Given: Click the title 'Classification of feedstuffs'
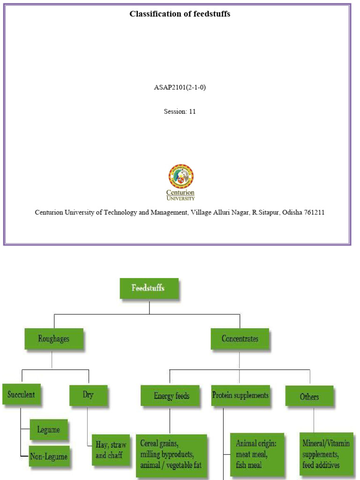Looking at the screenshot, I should [x=180, y=14].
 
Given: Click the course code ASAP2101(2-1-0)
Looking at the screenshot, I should [x=180, y=87].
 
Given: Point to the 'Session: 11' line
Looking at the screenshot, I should [x=180, y=112].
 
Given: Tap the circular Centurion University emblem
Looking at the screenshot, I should [x=181, y=176].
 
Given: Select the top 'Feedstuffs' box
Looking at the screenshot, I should [x=149, y=288].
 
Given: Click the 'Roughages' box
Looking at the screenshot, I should [x=54, y=338].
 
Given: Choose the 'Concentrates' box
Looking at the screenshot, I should [x=240, y=338].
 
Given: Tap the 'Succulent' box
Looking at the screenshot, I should [x=21, y=395].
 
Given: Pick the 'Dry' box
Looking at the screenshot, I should [x=88, y=395].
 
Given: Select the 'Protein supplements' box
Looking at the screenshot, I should [x=240, y=395].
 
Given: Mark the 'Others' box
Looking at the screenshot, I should [x=309, y=397].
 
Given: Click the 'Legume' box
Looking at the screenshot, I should [x=49, y=429].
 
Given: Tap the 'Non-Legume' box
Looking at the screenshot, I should [x=49, y=456].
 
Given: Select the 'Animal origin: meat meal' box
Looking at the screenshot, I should [x=256, y=454].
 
